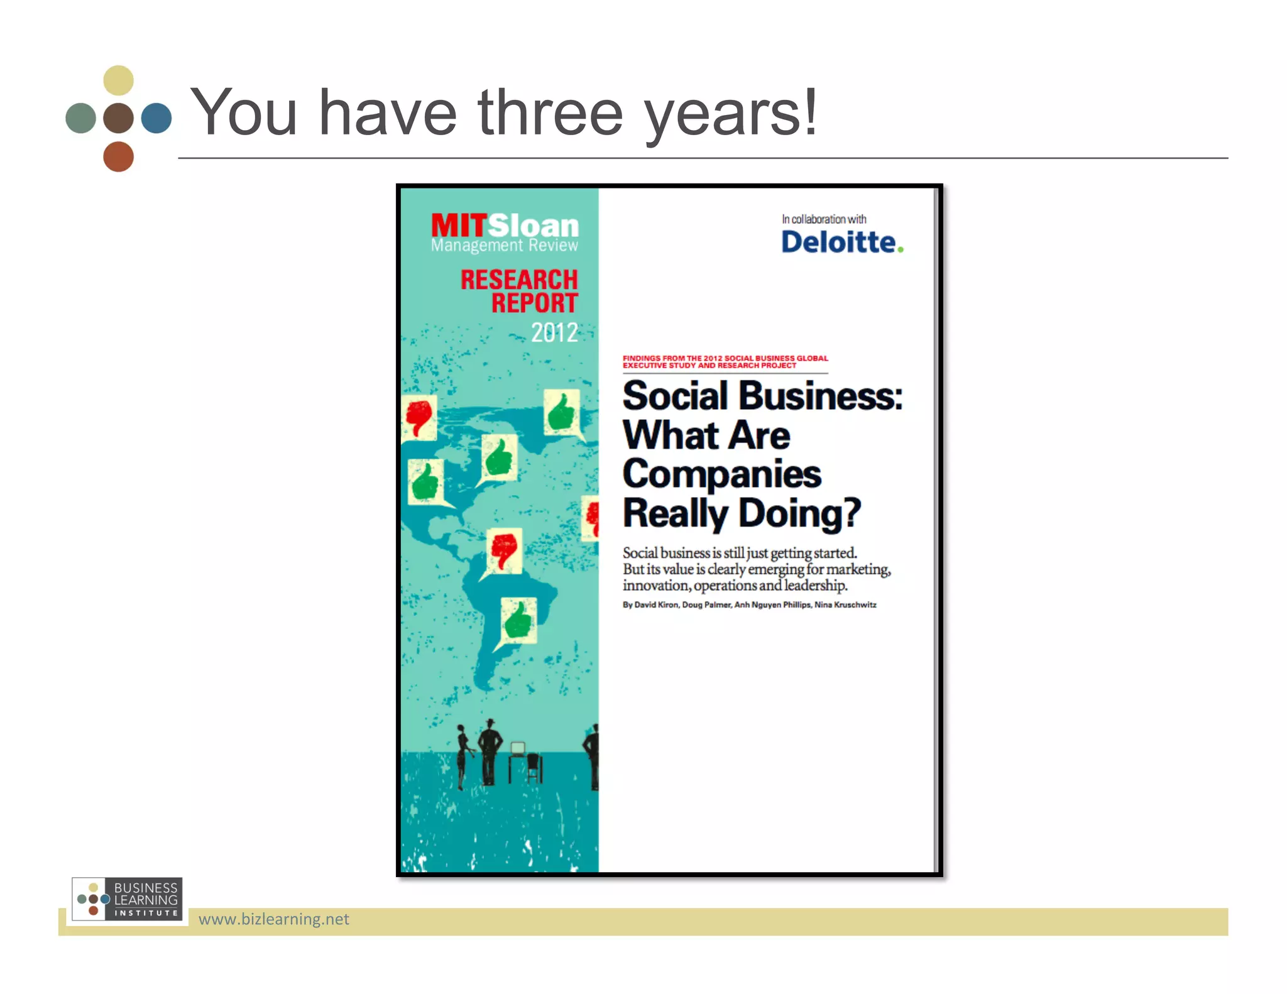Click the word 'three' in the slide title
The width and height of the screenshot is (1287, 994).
click(550, 113)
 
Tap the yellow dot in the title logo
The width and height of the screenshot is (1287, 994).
click(118, 80)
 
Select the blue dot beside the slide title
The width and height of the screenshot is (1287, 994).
click(156, 118)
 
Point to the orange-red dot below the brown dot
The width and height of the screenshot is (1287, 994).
click(118, 156)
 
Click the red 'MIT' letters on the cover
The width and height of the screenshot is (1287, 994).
click(459, 226)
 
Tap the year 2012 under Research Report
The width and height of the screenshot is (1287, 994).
click(554, 332)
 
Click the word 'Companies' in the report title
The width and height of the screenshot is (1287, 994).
click(722, 474)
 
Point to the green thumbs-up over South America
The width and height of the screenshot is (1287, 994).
click(518, 620)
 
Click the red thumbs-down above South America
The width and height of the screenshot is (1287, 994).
click(504, 550)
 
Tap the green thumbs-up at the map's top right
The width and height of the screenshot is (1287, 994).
click(561, 413)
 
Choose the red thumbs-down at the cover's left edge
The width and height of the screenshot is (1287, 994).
click(419, 417)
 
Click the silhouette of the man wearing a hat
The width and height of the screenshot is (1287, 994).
click(490, 751)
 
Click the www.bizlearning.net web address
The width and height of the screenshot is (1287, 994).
click(273, 919)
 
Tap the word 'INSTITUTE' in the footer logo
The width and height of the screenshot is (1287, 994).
click(146, 913)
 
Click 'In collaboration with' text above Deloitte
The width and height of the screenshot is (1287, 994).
click(824, 219)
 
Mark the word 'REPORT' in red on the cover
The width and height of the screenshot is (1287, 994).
click(534, 303)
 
